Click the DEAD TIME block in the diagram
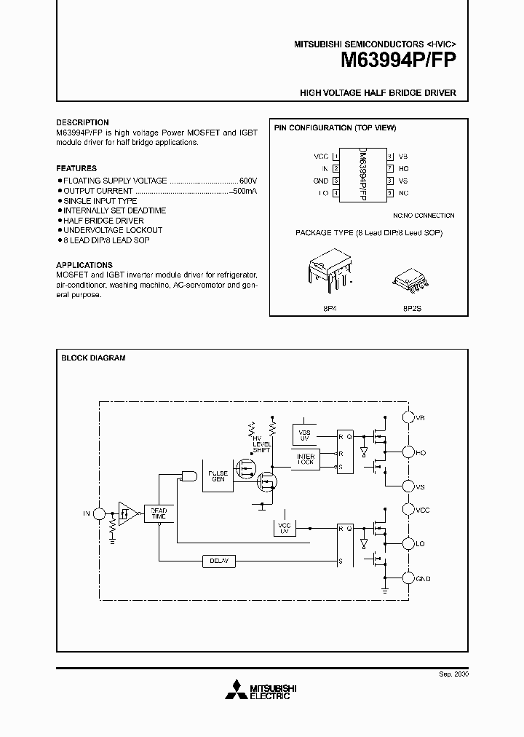pyautogui.click(x=159, y=514)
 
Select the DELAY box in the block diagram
pyautogui.click(x=219, y=561)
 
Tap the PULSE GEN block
pyautogui.click(x=218, y=476)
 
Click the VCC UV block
pyautogui.click(x=285, y=528)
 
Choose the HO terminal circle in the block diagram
pyautogui.click(x=408, y=452)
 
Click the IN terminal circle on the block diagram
pyautogui.click(x=101, y=513)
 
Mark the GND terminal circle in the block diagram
pyautogui.click(x=408, y=578)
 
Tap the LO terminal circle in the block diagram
pyautogui.click(x=408, y=543)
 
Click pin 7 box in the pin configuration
pyautogui.click(x=390, y=168)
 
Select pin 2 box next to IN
pyautogui.click(x=336, y=168)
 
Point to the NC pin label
pyautogui.click(x=404, y=193)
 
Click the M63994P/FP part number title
pyautogui.click(x=399, y=61)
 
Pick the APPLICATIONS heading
pyautogui.click(x=82, y=265)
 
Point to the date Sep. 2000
pyautogui.click(x=453, y=674)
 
